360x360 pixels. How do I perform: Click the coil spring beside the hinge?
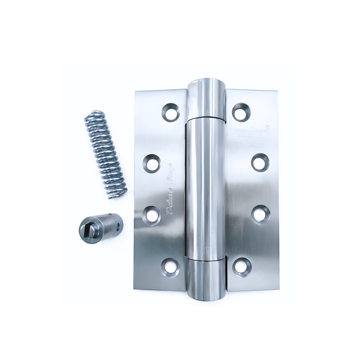click(105, 155)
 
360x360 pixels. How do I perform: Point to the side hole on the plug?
click(119, 223)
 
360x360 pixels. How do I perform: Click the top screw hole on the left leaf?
click(171, 112)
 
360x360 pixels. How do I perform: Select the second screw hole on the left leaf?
click(152, 163)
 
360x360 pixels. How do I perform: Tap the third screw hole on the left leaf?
click(152, 215)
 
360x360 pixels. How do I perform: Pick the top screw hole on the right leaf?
click(241, 112)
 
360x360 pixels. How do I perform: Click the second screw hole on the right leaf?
click(260, 162)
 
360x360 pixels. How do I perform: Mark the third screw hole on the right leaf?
click(261, 214)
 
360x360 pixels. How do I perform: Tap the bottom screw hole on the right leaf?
click(242, 267)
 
